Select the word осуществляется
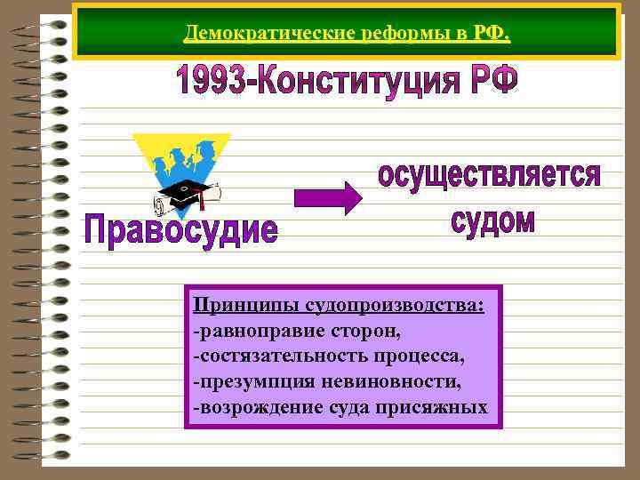pos(489,175)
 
